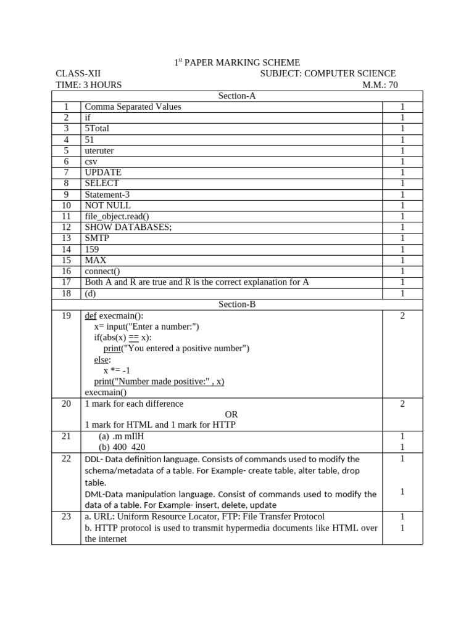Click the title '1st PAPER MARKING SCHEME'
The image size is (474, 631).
point(236,63)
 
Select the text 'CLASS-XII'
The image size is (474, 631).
point(78,74)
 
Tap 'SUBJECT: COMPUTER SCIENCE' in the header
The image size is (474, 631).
point(328,74)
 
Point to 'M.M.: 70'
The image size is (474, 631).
point(380,85)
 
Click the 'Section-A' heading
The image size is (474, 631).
point(237,96)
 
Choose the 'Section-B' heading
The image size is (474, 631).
point(237,304)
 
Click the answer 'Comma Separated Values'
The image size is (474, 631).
point(133,107)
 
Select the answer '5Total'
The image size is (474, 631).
point(96,129)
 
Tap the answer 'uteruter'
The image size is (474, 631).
point(99,150)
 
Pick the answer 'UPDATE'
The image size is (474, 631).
point(103,173)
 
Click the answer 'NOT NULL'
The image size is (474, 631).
point(107,205)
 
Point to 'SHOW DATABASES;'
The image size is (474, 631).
point(128,227)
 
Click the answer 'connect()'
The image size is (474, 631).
point(102,271)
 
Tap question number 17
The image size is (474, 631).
point(66,282)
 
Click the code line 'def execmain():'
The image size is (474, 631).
point(114,316)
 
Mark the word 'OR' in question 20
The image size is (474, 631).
point(231,415)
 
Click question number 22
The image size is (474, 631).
point(66,459)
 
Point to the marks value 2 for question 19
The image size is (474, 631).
point(402,316)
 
